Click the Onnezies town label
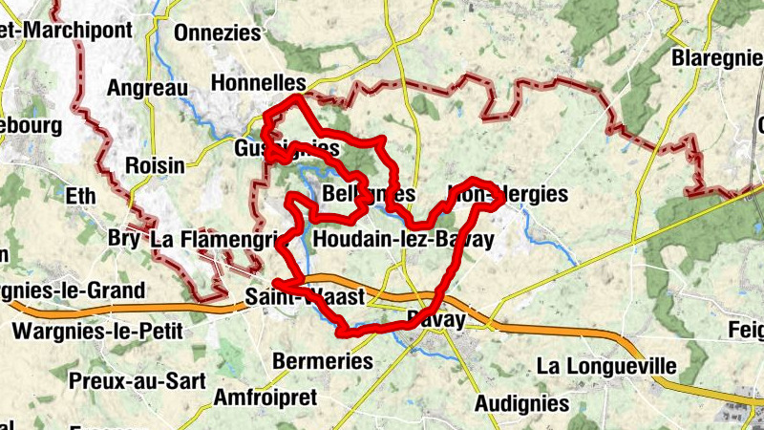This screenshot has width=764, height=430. tap(217, 32)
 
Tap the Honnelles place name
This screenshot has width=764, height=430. tap(258, 83)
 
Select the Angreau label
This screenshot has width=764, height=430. tap(148, 88)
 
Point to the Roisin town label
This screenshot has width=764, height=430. tap(155, 164)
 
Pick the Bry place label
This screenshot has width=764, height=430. tap(123, 237)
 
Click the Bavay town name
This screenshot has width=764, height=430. tap(435, 318)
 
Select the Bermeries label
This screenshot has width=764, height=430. tap(322, 362)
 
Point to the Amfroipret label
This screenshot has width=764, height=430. tap(265, 398)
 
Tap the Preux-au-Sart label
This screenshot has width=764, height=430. tap(138, 380)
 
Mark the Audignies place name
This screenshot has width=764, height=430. tap(521, 401)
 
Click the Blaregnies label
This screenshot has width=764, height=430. tap(716, 57)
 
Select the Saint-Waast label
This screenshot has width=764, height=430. tap(304, 297)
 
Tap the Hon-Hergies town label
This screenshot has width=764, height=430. tap(507, 195)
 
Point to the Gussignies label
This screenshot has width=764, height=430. tap(286, 149)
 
